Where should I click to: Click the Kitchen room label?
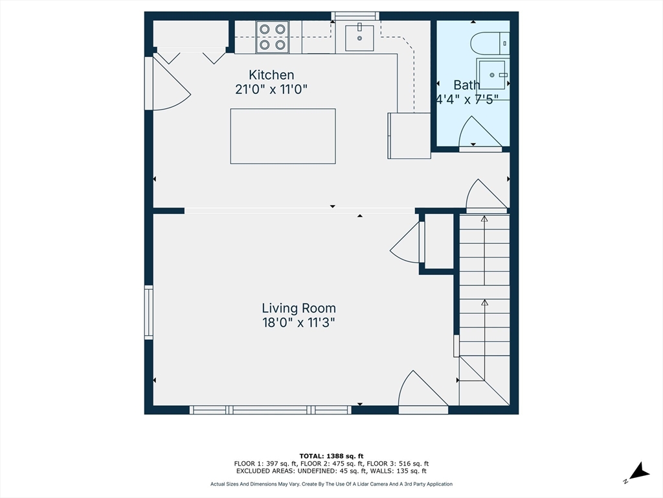tap(271, 75)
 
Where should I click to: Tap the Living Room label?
tap(298, 308)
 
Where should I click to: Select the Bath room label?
tap(466, 85)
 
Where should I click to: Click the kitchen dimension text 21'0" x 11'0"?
tap(271, 89)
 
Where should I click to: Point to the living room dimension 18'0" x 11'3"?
tap(298, 323)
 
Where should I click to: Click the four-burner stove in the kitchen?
tap(273, 37)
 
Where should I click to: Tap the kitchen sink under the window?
tap(359, 38)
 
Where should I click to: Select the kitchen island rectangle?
tap(283, 136)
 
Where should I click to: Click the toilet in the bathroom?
tap(489, 43)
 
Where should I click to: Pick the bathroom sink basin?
tap(492, 75)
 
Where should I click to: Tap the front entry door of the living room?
tap(423, 390)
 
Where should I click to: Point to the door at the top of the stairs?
tap(486, 196)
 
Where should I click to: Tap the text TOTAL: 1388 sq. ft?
tap(331, 456)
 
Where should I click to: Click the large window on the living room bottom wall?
tap(271, 410)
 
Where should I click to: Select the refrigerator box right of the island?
tap(409, 136)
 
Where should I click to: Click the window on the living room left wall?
tap(149, 313)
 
